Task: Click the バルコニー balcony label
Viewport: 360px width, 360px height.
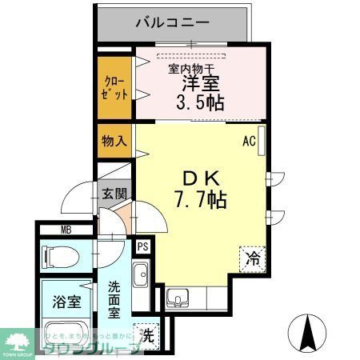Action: point(172,22)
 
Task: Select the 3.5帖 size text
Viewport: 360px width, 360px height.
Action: point(199,102)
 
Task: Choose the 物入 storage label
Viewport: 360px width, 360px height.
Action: point(114,142)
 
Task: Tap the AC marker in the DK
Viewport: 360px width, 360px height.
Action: point(249,142)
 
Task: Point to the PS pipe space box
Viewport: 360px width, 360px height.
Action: point(142,247)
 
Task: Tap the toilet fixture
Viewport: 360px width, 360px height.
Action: point(60,257)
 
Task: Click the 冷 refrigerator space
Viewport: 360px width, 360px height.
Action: point(252,258)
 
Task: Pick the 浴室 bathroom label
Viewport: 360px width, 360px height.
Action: point(67,302)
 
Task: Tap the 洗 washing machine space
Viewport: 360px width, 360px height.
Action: point(146,332)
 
